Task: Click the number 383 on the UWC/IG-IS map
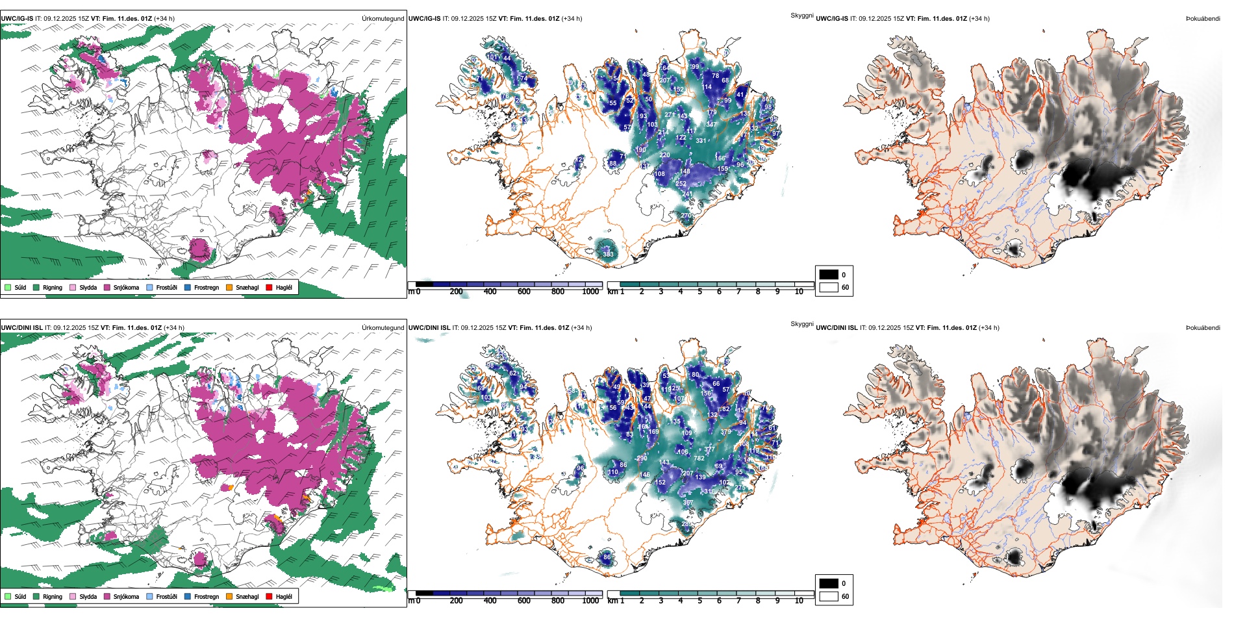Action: [x=608, y=254]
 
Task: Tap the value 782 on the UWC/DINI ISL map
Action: [x=699, y=459]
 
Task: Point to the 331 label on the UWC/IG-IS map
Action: [x=701, y=140]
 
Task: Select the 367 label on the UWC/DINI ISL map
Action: [x=688, y=503]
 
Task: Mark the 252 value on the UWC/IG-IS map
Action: [x=681, y=184]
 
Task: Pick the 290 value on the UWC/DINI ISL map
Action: [x=642, y=459]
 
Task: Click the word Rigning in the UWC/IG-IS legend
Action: [x=53, y=288]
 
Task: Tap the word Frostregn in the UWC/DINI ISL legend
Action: [x=207, y=597]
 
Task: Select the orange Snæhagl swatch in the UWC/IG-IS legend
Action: [x=229, y=287]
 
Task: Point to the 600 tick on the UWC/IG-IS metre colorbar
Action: [x=524, y=292]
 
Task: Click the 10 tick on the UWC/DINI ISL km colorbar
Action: [x=799, y=601]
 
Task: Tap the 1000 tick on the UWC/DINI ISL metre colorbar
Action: [x=590, y=601]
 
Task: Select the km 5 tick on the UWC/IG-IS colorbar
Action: [x=700, y=292]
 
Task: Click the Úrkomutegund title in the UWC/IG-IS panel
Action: [x=383, y=19]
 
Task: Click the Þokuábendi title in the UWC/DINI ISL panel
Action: [x=1203, y=328]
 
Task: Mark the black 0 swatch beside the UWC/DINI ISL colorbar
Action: [x=829, y=583]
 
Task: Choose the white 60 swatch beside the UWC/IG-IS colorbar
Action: [x=829, y=287]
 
